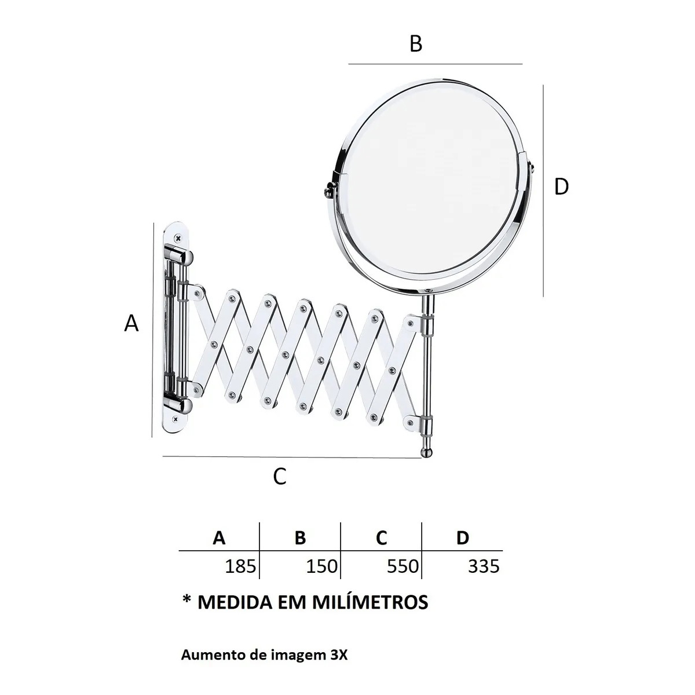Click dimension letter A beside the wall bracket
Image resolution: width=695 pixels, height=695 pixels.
click(x=132, y=323)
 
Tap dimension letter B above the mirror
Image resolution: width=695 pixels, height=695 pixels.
click(x=416, y=43)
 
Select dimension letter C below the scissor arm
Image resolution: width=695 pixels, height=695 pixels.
click(x=280, y=477)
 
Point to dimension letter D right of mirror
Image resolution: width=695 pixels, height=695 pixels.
click(x=561, y=186)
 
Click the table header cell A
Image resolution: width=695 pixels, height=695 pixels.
click(x=219, y=538)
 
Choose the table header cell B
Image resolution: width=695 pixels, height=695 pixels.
click(x=300, y=538)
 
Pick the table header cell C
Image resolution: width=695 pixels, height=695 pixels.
click(x=381, y=538)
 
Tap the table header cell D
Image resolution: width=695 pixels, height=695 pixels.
click(x=462, y=538)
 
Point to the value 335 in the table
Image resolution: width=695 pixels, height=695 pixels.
click(x=483, y=566)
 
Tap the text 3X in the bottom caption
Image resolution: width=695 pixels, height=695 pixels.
click(x=341, y=656)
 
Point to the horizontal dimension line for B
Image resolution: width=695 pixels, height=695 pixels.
click(x=435, y=63)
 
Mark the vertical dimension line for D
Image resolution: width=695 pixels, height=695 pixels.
click(x=543, y=191)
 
